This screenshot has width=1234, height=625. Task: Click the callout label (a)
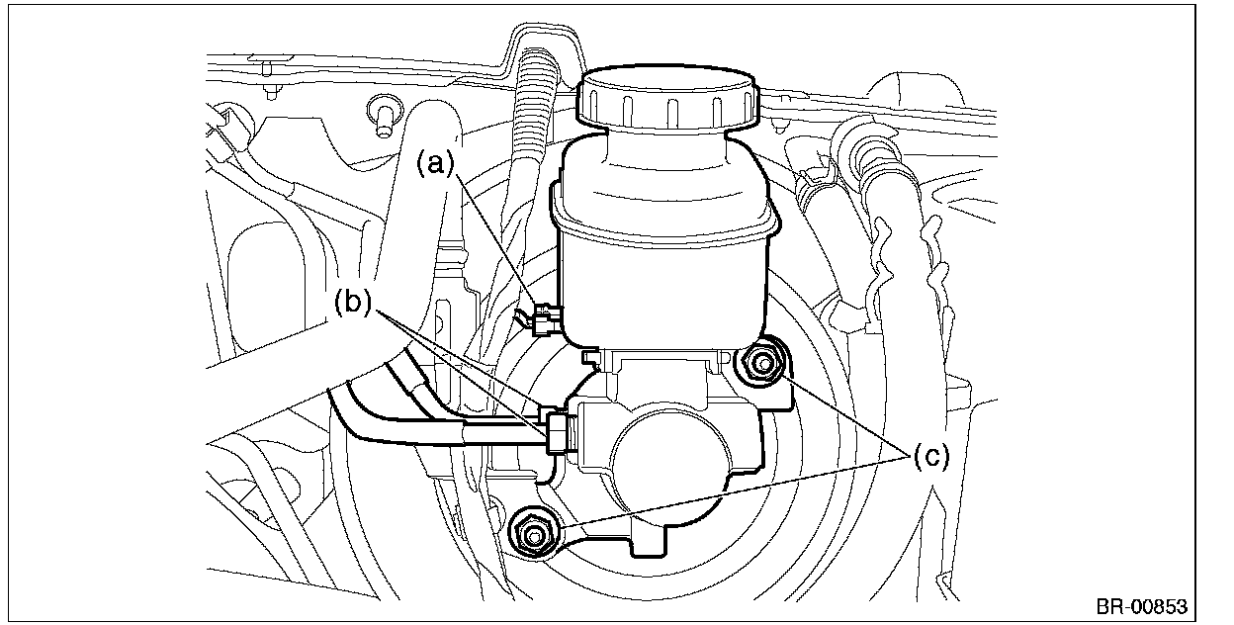[436, 162]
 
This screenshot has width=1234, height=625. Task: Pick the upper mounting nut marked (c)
[762, 365]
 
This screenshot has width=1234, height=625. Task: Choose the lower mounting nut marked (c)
[533, 535]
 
